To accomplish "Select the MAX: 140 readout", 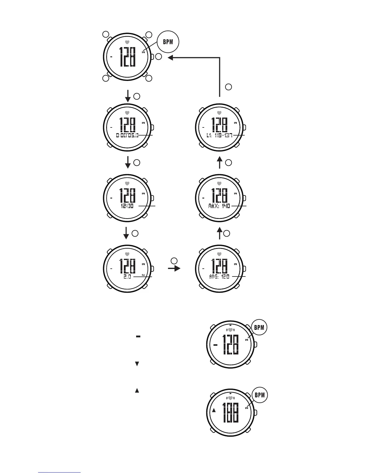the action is coord(219,206).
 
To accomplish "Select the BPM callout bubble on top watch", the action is coord(168,42).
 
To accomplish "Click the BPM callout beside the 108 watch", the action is coord(260,395).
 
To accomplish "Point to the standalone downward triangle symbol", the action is coord(137,364).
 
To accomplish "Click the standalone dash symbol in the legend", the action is coord(138,337).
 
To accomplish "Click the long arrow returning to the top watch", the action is coord(220,72).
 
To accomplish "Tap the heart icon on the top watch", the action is coord(127,42).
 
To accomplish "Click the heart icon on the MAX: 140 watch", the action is coord(219,183).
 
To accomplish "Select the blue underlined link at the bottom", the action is coord(60,472).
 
